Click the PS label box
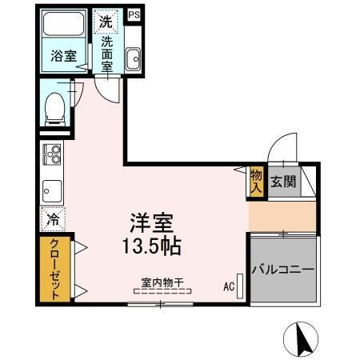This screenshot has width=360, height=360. [x=134, y=14]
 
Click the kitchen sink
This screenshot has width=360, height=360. [x=53, y=191]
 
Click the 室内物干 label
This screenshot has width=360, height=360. [x=162, y=282]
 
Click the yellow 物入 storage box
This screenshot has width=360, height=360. [x=256, y=182]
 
